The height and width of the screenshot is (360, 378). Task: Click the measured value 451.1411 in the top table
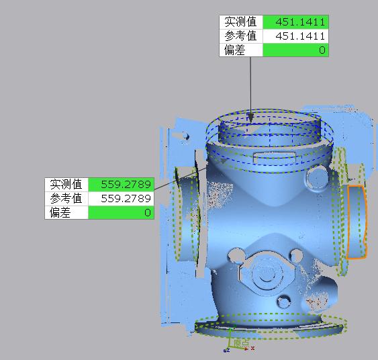pyautogui.click(x=295, y=22)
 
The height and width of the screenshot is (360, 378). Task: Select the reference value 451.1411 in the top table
pyautogui.click(x=295, y=36)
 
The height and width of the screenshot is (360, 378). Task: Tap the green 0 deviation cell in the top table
pyautogui.click(x=295, y=50)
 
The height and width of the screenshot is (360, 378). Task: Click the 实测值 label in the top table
pyautogui.click(x=241, y=22)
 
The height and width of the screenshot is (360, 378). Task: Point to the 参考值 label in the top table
pyautogui.click(x=241, y=36)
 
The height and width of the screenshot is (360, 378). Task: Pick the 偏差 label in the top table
pyautogui.click(x=235, y=50)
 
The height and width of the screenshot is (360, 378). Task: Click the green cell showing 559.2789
pyautogui.click(x=121, y=184)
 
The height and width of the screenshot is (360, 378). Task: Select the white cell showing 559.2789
pyautogui.click(x=121, y=198)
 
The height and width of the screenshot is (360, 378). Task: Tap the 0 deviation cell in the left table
pyautogui.click(x=121, y=212)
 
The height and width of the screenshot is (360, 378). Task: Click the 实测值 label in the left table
pyautogui.click(x=66, y=184)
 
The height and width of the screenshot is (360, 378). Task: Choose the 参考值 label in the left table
pyautogui.click(x=66, y=198)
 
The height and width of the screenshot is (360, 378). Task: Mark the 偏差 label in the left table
pyautogui.click(x=60, y=212)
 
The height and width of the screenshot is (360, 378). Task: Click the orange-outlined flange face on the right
pyautogui.click(x=357, y=222)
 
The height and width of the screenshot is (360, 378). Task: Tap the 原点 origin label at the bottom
pyautogui.click(x=241, y=343)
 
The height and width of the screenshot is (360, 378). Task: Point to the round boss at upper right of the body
pyautogui.click(x=314, y=178)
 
